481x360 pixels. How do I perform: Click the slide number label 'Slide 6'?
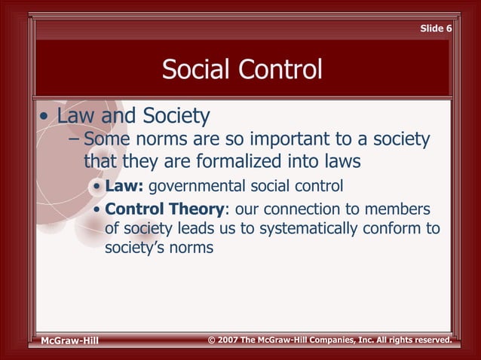pos(436,29)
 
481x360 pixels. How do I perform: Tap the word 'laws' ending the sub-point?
pos(339,162)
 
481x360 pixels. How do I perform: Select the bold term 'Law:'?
pos(125,186)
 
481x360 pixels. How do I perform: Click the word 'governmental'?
pos(193,186)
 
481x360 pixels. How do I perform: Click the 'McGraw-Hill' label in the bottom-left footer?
pos(69,342)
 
